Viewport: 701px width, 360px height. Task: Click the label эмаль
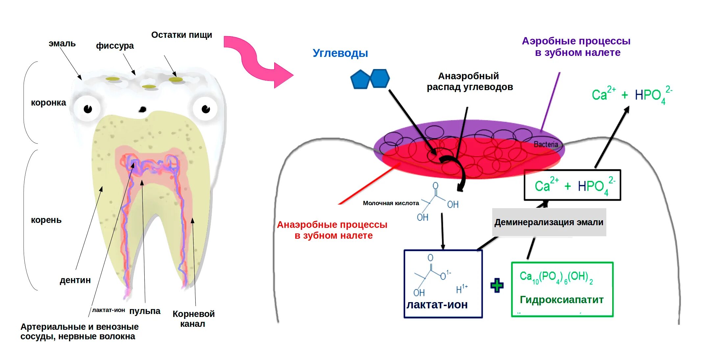(62, 43)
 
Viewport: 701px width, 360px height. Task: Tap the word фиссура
(115, 46)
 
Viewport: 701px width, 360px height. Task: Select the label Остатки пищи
(181, 35)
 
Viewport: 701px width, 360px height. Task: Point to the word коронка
(48, 103)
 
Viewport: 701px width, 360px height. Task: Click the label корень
(46, 220)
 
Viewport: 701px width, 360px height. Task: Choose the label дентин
(75, 280)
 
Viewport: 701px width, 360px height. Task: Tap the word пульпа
(145, 311)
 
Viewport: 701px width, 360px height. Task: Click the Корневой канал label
(193, 319)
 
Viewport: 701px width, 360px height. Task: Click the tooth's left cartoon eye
(87, 108)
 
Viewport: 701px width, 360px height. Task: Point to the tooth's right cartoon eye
(205, 108)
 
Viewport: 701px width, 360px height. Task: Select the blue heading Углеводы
(340, 53)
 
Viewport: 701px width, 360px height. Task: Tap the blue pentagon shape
(360, 80)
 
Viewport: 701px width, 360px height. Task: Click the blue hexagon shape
(380, 78)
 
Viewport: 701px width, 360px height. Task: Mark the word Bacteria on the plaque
(546, 144)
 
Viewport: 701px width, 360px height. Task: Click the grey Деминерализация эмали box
(549, 222)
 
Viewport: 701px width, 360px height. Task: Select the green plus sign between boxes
(497, 285)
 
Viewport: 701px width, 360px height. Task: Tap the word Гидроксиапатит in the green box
(562, 300)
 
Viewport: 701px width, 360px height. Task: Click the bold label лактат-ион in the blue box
(437, 305)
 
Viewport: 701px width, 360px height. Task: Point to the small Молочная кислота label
(391, 203)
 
